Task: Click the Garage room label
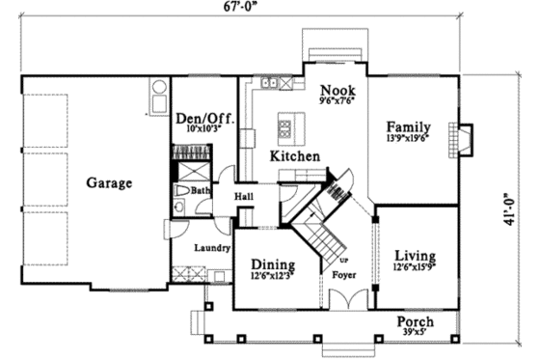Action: (x=108, y=181)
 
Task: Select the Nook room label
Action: (x=337, y=88)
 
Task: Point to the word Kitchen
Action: (x=289, y=155)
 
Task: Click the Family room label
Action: (x=408, y=126)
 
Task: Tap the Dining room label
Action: (x=272, y=265)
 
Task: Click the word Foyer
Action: (x=344, y=274)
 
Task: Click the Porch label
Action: (x=416, y=321)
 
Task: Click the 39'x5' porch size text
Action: (x=416, y=333)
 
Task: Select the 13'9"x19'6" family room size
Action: (x=408, y=138)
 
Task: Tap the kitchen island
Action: (x=285, y=125)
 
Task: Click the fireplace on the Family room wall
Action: (x=465, y=140)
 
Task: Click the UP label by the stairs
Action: (x=341, y=261)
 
